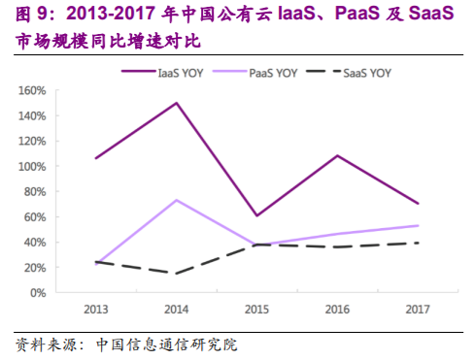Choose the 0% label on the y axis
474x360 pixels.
(x=40, y=292)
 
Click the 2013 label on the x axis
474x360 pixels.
(x=95, y=309)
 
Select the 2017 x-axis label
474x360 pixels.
(x=417, y=309)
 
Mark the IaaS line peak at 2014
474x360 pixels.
(x=176, y=103)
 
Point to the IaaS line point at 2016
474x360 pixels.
(x=336, y=155)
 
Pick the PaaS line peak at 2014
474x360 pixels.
(x=176, y=200)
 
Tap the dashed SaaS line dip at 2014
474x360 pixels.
(x=176, y=273)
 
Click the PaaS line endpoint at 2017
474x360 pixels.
(x=417, y=225)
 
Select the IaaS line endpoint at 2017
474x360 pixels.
(x=417, y=204)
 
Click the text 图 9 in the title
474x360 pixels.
(x=28, y=15)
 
